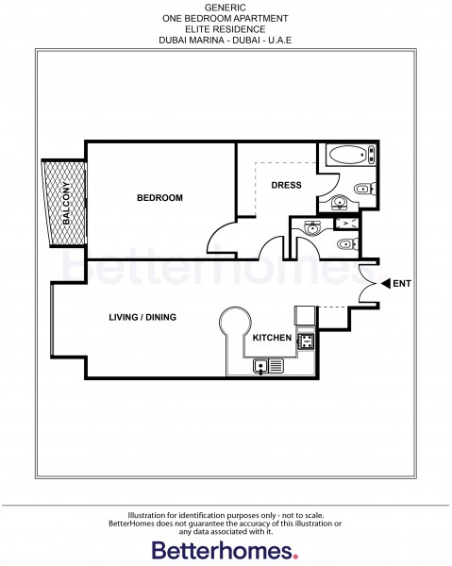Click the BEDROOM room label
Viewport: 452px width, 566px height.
[159, 198]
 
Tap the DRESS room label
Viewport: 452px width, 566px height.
[286, 185]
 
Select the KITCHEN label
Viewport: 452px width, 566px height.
[270, 337]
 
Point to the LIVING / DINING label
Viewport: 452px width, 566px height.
[142, 317]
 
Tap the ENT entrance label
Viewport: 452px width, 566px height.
[401, 283]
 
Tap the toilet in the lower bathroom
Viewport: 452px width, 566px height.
[346, 244]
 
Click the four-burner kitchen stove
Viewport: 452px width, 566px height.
[306, 341]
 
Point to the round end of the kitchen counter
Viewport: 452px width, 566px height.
[232, 325]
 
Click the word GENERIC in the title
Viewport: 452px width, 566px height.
[226, 7]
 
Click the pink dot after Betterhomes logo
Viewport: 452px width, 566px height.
[296, 556]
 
